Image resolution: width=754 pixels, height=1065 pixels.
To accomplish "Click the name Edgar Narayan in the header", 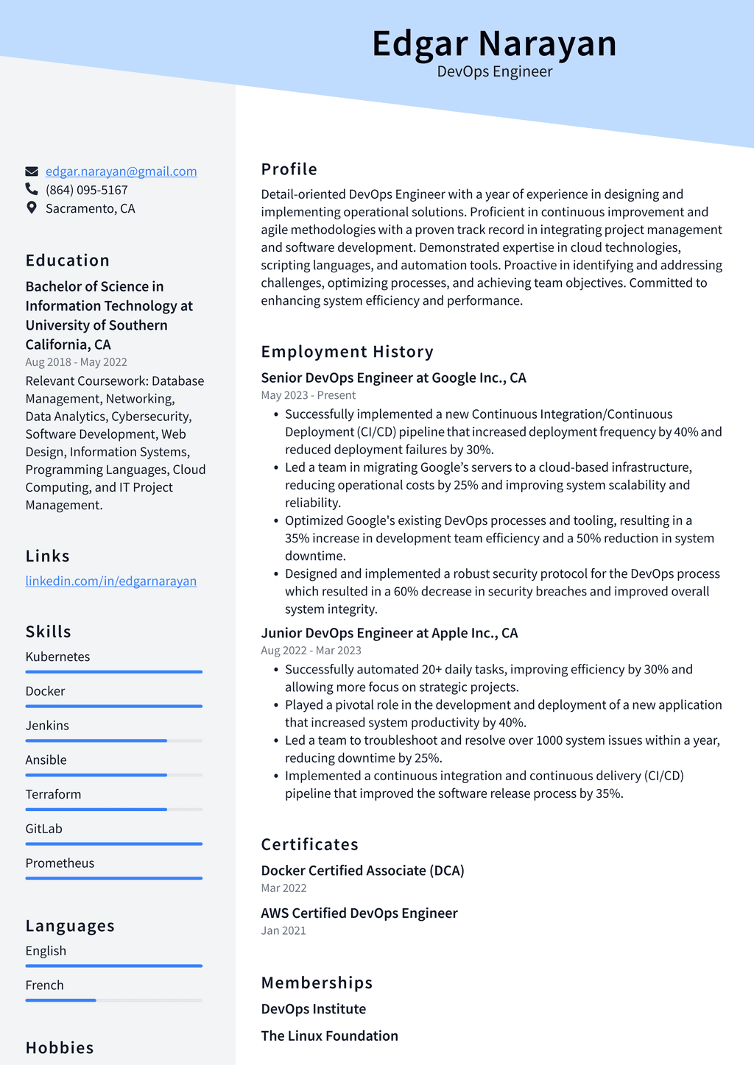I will click(494, 43).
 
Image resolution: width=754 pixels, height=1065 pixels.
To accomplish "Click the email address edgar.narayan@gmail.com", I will click(121, 171).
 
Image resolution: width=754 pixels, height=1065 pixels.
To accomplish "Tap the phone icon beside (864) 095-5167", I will click(32, 190).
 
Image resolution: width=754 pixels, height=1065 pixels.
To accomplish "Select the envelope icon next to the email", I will click(32, 171).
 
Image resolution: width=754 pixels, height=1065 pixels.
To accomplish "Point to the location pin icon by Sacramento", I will click(32, 208).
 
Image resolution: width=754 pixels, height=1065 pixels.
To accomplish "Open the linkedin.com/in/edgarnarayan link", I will click(111, 581).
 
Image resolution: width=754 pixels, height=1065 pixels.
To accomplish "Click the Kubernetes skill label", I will click(57, 657).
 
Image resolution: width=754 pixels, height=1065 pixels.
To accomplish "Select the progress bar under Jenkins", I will click(113, 740).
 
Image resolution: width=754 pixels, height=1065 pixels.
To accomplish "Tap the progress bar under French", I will click(113, 1000).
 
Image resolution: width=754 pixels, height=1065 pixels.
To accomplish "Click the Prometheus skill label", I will click(60, 863).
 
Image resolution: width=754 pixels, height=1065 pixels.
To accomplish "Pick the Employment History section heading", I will click(347, 352).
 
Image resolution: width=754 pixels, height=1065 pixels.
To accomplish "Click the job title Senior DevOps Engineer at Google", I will click(393, 378).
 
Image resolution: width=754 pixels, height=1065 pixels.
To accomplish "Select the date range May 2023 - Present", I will click(308, 395).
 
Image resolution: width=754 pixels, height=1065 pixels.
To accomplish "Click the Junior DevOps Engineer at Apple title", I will click(389, 633).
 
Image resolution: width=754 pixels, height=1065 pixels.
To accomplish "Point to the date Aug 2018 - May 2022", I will click(76, 362).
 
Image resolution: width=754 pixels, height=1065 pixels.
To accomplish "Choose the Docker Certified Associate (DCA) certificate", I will click(362, 871).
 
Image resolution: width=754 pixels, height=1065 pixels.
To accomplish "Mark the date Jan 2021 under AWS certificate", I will click(283, 930).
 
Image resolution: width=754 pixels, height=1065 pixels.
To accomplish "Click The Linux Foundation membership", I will click(329, 1036).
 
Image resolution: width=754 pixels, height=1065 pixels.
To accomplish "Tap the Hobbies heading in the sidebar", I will click(60, 1047).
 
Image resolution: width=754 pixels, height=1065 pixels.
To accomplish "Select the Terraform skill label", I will click(53, 794).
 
